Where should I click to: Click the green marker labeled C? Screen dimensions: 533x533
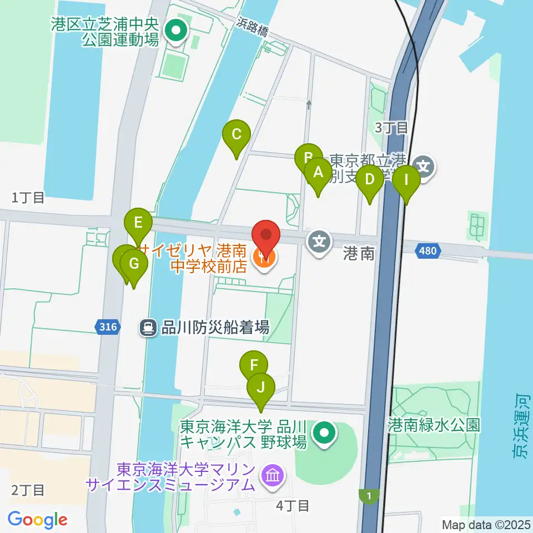237,135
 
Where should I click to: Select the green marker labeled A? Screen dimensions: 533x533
318,173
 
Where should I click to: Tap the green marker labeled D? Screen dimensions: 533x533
370,180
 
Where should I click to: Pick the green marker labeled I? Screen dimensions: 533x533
406,180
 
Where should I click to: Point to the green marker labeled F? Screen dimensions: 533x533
254,366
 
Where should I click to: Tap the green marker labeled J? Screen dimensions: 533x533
260,385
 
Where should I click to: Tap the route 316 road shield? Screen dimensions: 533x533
108,328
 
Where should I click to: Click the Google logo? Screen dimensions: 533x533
38,519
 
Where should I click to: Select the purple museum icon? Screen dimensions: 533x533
273,475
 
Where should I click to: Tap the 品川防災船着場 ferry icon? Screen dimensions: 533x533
148,328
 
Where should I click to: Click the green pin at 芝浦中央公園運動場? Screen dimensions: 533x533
177,31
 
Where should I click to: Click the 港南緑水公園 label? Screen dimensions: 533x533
434,425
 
